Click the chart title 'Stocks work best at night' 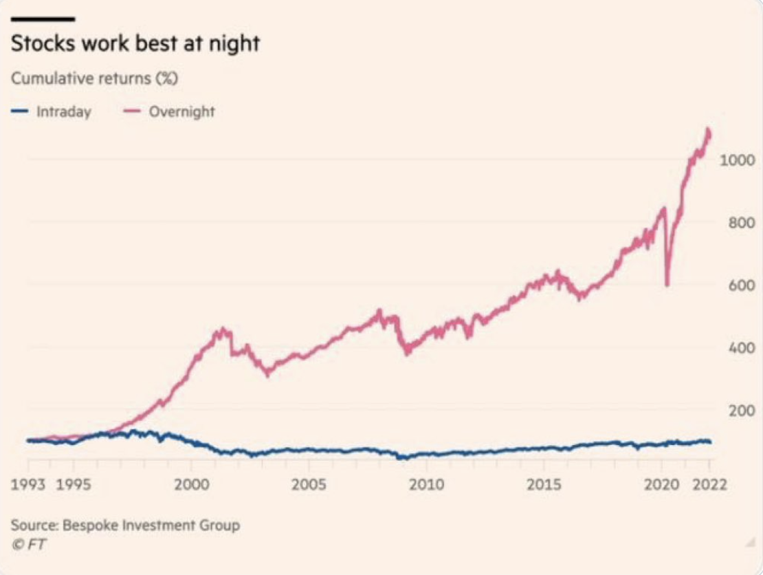135,44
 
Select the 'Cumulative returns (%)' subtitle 94,78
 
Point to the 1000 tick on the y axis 738,160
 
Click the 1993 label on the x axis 27,484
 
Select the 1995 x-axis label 74,484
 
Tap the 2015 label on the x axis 544,484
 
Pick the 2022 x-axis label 709,484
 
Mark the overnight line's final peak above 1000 708,129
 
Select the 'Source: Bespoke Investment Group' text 125,525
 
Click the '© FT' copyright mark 29,544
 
